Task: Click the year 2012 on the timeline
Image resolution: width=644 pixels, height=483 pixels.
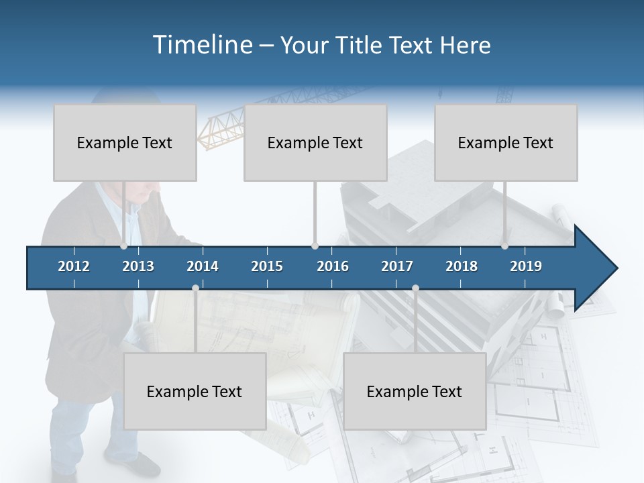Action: [74, 266]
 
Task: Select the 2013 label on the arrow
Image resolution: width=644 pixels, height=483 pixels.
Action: [138, 266]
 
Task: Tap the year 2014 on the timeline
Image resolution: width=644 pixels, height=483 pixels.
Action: [203, 266]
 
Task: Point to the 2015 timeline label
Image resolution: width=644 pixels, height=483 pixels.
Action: [267, 266]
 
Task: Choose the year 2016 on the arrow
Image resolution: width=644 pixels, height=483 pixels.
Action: [333, 266]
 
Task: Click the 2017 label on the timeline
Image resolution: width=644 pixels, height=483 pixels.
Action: [397, 266]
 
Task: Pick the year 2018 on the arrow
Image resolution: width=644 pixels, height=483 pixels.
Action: [462, 266]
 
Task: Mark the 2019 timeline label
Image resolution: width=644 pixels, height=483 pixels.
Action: [526, 266]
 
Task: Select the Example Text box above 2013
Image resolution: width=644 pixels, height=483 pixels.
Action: [125, 143]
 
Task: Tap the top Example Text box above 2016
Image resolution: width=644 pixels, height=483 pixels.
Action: [315, 143]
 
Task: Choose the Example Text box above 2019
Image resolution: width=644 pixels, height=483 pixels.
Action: [506, 143]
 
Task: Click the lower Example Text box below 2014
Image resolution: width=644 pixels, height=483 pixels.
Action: [195, 391]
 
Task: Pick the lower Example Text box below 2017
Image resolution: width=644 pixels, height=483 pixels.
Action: [415, 391]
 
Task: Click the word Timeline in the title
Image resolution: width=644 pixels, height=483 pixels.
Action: [202, 45]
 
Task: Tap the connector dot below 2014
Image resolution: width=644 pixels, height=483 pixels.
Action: [195, 288]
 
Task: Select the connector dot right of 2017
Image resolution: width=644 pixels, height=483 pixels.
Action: [415, 288]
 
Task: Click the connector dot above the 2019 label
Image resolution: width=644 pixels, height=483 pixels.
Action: [504, 246]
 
